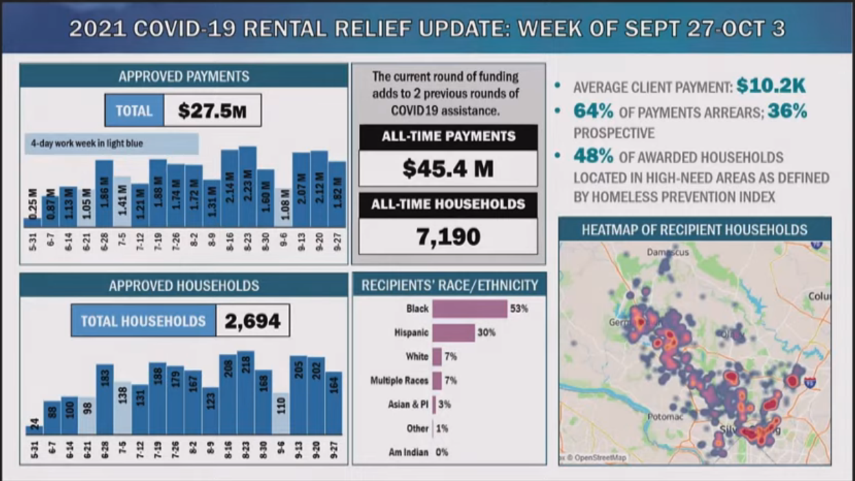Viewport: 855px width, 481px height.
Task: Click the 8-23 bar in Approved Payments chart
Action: [x=247, y=187]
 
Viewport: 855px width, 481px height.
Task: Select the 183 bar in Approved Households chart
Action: [x=104, y=399]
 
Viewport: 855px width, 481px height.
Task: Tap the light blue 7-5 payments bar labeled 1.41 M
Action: [x=122, y=202]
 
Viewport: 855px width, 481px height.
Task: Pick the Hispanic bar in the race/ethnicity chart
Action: [x=454, y=333]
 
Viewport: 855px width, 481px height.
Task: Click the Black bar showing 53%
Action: [x=469, y=309]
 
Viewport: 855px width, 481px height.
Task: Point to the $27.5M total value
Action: [x=212, y=111]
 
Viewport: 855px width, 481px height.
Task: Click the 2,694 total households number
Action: [x=252, y=321]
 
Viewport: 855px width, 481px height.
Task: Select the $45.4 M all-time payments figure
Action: [x=448, y=169]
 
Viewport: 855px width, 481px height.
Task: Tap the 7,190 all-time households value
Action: [x=448, y=237]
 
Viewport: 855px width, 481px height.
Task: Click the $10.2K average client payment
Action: [x=770, y=87]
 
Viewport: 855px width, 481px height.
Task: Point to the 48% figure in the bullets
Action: [x=593, y=157]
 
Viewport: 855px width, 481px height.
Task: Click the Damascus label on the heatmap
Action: [x=667, y=253]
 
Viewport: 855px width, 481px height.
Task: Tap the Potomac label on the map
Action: [x=665, y=417]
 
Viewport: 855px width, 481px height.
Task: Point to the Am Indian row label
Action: [x=408, y=452]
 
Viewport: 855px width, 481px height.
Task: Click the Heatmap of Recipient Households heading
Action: [x=694, y=230]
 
